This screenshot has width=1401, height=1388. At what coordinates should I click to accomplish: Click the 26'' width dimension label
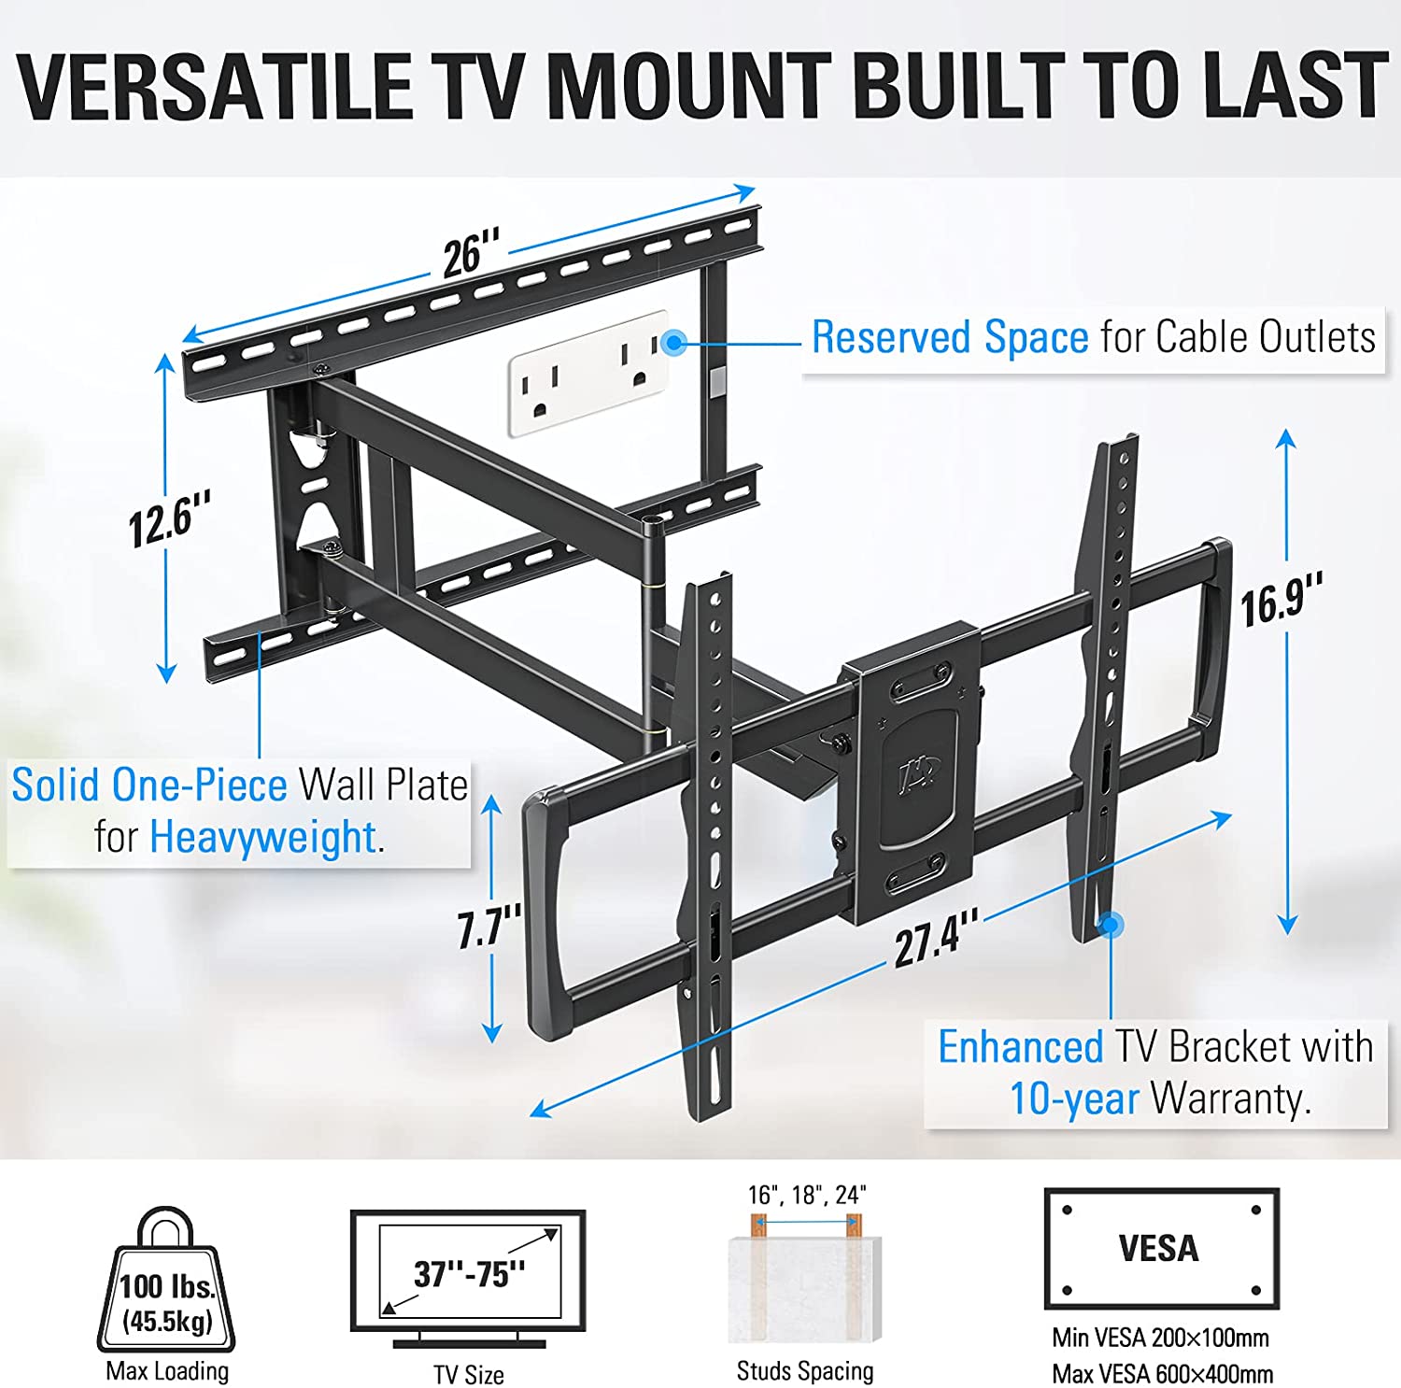click(471, 253)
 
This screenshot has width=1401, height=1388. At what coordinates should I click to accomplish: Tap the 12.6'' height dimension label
click(169, 519)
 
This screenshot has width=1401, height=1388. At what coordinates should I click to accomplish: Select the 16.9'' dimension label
click(1281, 601)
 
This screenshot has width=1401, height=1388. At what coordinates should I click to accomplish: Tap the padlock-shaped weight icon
click(166, 1279)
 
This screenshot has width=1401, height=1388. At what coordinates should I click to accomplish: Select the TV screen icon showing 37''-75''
click(468, 1279)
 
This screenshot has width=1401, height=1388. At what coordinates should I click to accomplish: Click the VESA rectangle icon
click(1161, 1249)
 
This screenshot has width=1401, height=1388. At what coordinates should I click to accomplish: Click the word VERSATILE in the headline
click(215, 86)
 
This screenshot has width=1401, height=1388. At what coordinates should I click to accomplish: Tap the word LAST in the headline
click(1295, 86)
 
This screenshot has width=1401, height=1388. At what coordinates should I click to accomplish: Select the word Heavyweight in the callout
click(262, 837)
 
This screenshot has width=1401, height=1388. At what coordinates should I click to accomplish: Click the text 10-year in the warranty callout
click(1074, 1099)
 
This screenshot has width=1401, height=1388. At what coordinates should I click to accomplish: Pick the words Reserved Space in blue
click(950, 337)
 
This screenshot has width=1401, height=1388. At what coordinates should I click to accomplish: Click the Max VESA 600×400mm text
click(1162, 1374)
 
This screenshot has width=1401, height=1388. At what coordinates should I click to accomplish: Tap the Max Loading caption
click(167, 1370)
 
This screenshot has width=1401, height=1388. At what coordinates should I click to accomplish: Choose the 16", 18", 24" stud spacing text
click(806, 1195)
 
